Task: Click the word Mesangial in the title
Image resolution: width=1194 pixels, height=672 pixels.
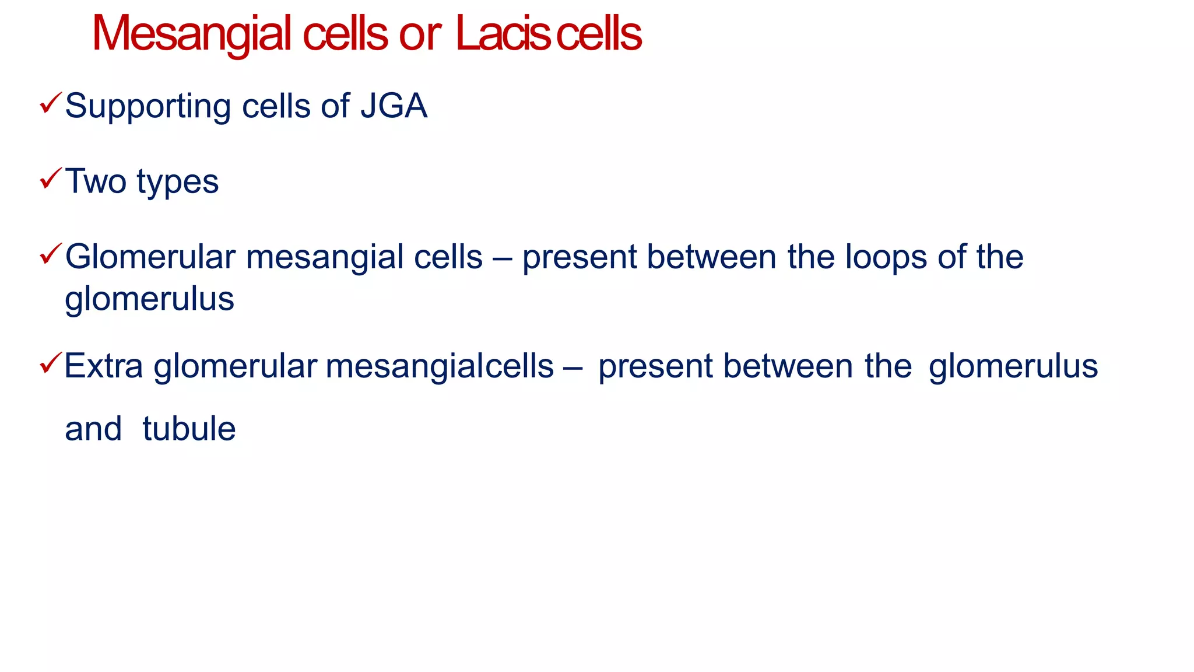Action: click(191, 34)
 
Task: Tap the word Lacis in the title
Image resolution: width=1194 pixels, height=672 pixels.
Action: click(503, 34)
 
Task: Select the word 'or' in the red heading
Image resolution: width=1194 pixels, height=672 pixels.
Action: click(419, 35)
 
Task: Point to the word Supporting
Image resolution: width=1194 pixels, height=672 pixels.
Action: click(148, 107)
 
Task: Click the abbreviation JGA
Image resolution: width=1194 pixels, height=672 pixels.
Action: click(394, 106)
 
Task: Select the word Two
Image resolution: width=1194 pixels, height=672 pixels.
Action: click(96, 181)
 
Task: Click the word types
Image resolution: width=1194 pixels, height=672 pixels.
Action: click(178, 183)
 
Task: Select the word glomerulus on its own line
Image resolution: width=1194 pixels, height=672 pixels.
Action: click(149, 299)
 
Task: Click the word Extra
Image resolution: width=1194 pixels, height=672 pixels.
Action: click(103, 366)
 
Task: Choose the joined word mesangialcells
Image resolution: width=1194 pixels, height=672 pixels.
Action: click(440, 367)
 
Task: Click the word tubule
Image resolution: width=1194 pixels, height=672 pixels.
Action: click(189, 429)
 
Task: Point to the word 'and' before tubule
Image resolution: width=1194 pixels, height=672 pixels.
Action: click(93, 429)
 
